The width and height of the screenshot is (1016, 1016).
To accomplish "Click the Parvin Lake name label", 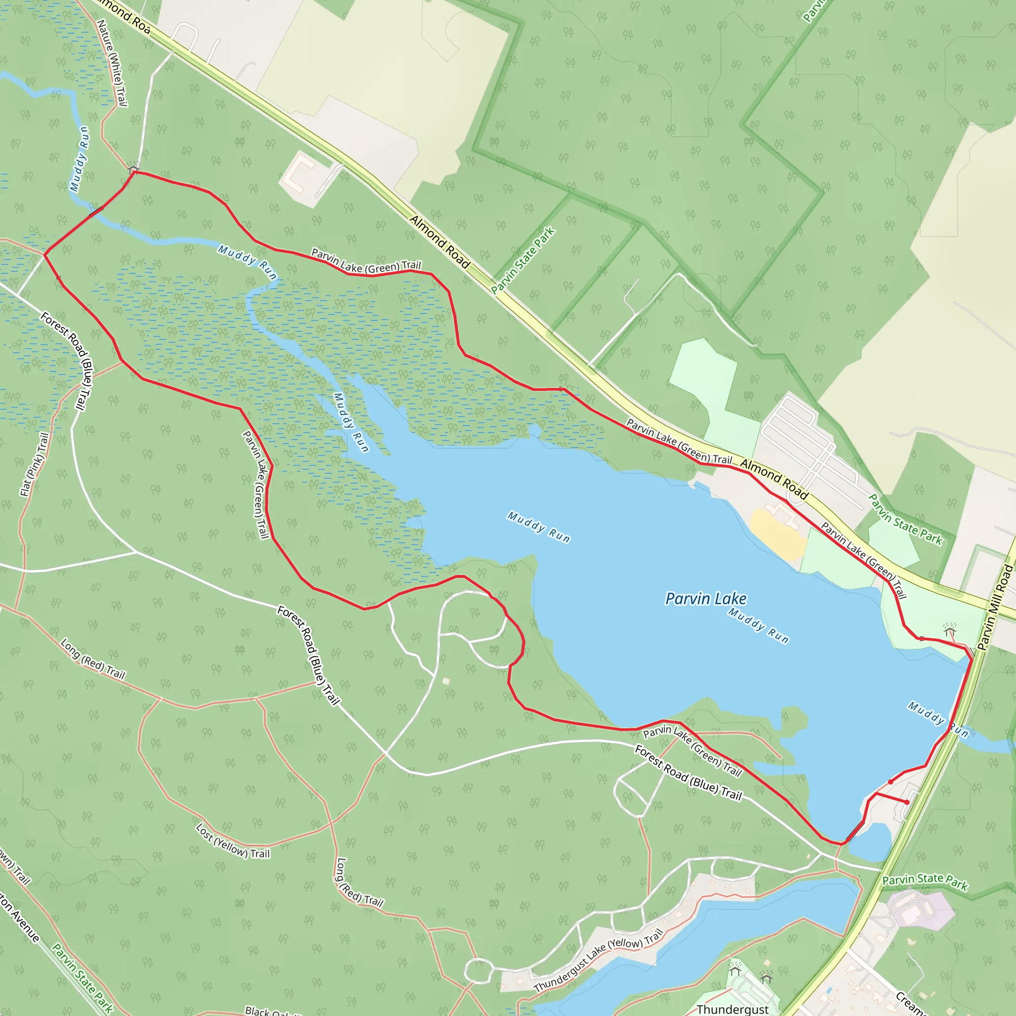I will coord(705,598).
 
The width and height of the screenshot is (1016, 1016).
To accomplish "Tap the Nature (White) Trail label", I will coord(112,63).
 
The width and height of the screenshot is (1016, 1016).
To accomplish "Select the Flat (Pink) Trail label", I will coord(35,464).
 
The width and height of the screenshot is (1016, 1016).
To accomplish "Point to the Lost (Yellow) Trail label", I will coord(233,841).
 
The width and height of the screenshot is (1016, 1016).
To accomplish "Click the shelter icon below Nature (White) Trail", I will coord(133,168).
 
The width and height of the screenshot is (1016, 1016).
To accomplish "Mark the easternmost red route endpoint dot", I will coord(907,802).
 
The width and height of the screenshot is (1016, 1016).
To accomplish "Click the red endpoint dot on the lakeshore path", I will coord(890,782).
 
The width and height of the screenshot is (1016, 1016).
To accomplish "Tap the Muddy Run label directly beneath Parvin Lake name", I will coord(758,625).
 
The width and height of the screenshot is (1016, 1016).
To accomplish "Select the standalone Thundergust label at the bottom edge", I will coord(732,1009).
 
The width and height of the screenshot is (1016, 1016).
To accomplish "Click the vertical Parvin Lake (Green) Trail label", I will coord(256,484).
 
